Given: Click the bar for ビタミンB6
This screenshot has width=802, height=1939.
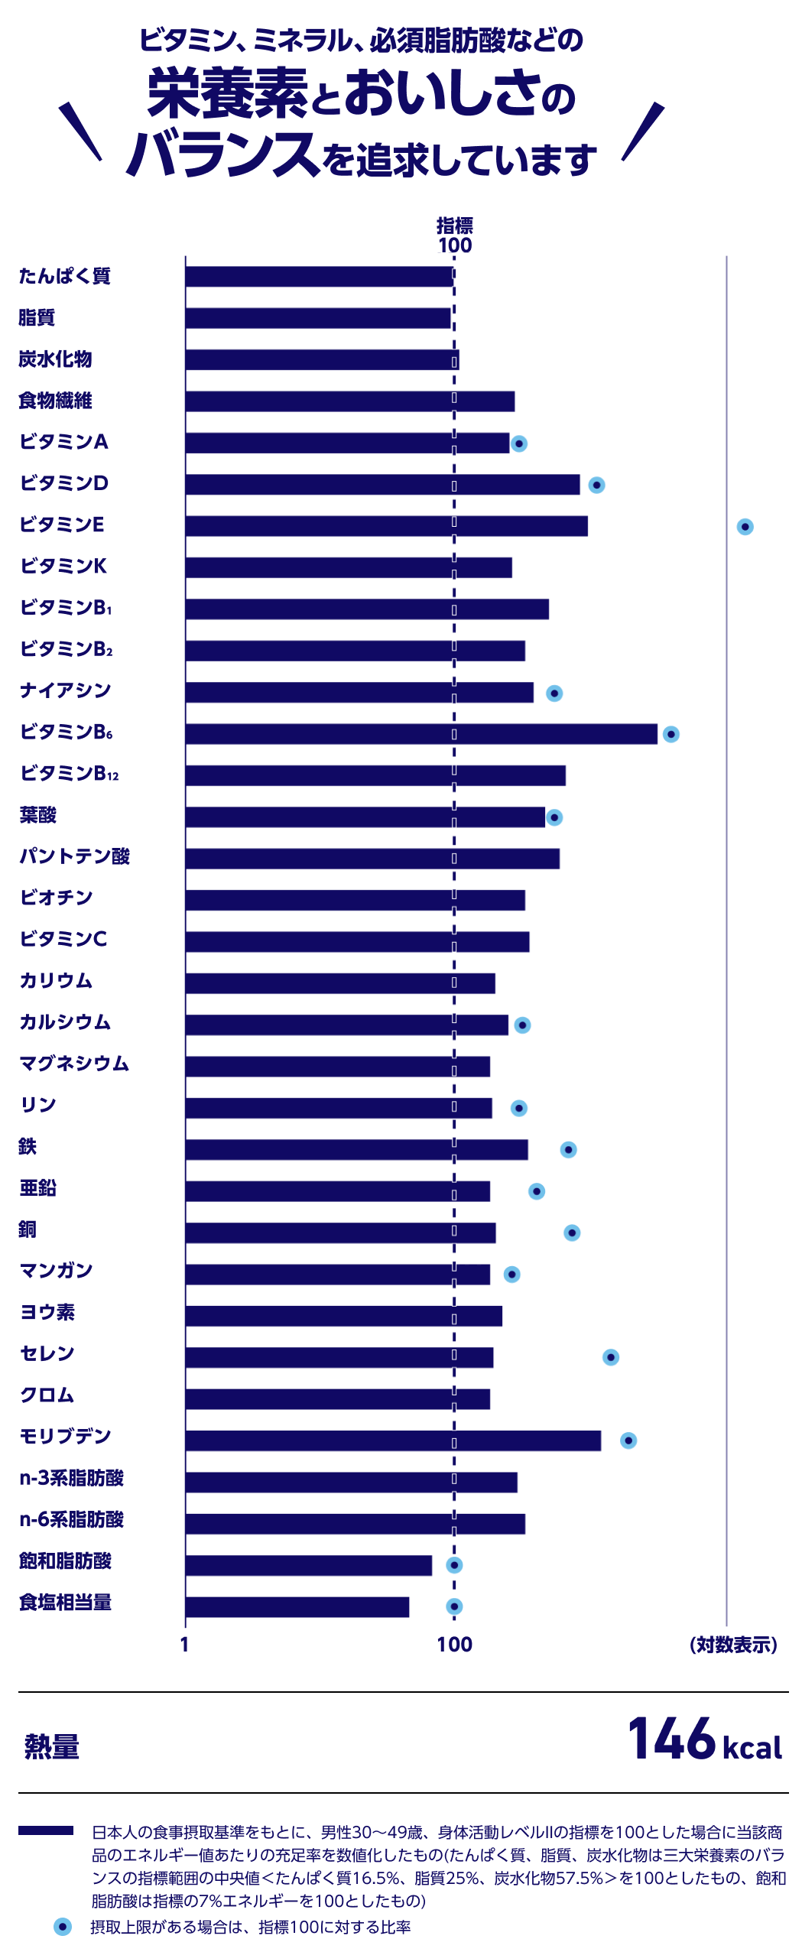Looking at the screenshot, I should [421, 734].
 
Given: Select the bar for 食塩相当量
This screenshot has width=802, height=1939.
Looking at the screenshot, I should [298, 1606].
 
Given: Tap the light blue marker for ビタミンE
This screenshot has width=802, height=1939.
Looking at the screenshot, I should [745, 527].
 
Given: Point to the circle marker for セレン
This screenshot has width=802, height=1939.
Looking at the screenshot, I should [610, 1357].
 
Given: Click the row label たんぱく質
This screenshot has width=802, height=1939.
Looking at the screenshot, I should [67, 277].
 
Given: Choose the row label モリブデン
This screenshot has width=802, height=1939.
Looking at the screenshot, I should [67, 1437].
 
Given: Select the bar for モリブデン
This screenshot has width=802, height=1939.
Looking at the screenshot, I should [393, 1440].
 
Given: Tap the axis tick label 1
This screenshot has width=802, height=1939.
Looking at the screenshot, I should [184, 1644].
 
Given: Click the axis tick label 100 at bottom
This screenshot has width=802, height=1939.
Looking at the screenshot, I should [454, 1644].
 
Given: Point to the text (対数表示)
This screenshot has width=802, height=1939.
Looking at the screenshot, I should [733, 1644].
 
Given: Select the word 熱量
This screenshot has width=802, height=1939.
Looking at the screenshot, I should [53, 1748].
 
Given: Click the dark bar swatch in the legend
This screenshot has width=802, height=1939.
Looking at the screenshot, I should [46, 1830].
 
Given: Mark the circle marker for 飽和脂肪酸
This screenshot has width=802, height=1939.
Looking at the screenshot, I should [453, 1565].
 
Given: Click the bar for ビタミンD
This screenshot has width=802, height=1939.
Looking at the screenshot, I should [382, 485].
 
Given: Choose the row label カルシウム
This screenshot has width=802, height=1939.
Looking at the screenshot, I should [67, 1023].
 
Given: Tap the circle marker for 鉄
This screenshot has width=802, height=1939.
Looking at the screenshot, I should [568, 1150].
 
